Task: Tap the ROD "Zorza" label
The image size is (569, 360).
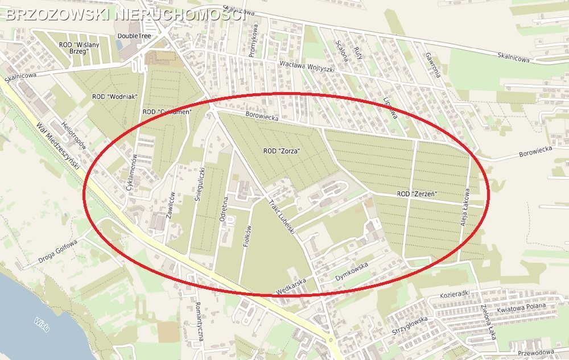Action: [282, 151]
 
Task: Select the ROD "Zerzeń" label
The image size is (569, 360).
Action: [417, 194]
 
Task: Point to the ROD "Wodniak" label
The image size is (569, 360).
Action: [115, 97]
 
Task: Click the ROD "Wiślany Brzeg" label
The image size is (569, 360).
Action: [79, 47]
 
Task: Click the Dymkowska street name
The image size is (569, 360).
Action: [352, 270]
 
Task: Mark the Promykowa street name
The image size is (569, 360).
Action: [253, 40]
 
